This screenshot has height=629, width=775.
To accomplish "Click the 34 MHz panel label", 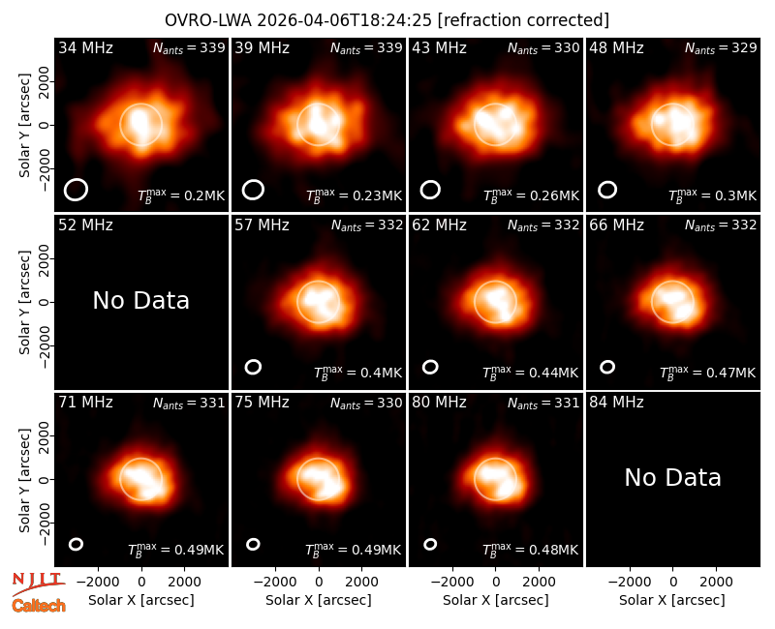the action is [x=85, y=47].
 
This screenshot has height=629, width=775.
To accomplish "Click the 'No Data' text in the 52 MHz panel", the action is [x=140, y=300].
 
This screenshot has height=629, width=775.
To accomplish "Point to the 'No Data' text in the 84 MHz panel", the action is [x=672, y=477].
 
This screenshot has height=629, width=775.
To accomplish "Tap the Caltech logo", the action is [x=39, y=606].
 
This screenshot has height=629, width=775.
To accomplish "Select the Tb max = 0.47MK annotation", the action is [x=708, y=373].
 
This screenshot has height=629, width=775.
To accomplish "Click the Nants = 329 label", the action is [x=721, y=47].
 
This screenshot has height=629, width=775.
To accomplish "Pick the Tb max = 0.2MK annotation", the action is [x=181, y=195].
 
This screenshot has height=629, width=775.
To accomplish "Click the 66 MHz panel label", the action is [x=616, y=225].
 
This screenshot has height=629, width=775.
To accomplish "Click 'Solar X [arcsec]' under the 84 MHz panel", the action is [x=672, y=600].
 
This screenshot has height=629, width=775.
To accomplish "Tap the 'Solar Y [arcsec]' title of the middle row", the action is [x=24, y=302].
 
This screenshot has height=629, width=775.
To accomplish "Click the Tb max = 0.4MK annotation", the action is [x=358, y=373].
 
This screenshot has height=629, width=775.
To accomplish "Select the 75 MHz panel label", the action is [x=262, y=403].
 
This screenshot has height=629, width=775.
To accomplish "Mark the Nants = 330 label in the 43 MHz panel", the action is [x=543, y=47].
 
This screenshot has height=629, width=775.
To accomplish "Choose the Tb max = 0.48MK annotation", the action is [x=530, y=550].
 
